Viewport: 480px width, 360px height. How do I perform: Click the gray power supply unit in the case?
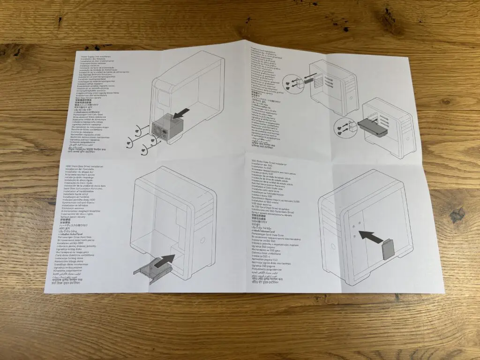[x=169, y=127]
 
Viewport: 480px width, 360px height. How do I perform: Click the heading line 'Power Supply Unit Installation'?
[x=92, y=56]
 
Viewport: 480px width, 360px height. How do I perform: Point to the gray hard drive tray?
[x=150, y=272]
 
